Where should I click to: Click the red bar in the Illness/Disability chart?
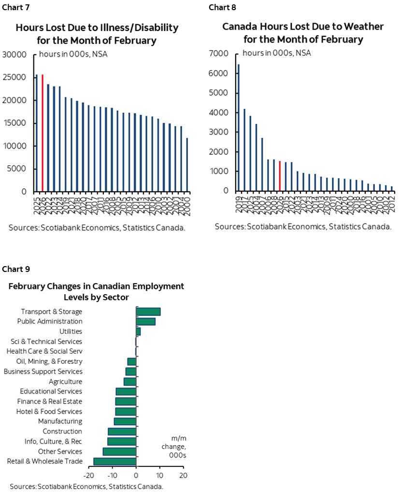[x=43, y=133]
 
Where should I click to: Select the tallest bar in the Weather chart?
[x=239, y=128]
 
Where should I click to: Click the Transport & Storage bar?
[x=148, y=312]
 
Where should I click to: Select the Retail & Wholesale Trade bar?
[x=115, y=461]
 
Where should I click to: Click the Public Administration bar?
[x=145, y=321]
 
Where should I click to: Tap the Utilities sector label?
[x=71, y=331]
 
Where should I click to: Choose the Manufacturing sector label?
[x=60, y=421]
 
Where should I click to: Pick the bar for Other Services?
[x=119, y=451]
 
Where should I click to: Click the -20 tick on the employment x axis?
[x=89, y=475]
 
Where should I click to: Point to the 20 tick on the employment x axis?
[x=183, y=475]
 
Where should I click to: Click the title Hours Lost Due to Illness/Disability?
[x=97, y=33]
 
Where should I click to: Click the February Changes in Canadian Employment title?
[x=97, y=291]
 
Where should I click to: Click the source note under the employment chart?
[x=86, y=486]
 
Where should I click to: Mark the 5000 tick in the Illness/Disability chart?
[x=18, y=169]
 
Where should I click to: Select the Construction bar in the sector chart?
[x=122, y=431]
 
